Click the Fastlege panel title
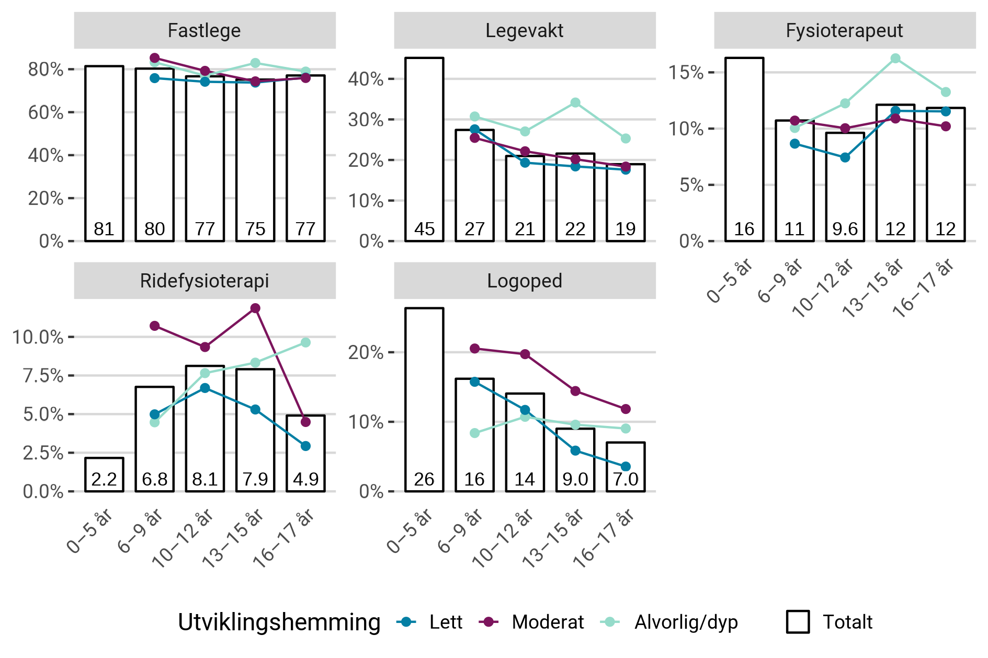click(204, 30)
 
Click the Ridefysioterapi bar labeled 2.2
click(104, 475)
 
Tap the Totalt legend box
click(798, 622)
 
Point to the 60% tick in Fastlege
click(46, 112)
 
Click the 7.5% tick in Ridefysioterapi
click(43, 376)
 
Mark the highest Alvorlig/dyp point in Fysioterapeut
click(895, 59)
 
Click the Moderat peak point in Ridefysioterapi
click(255, 308)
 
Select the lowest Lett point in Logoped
click(626, 466)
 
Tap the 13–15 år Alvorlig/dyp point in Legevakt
click(575, 102)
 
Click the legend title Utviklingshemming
click(279, 622)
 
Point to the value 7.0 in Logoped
click(626, 479)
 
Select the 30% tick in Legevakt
click(366, 120)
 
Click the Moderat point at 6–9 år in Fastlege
click(154, 58)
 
